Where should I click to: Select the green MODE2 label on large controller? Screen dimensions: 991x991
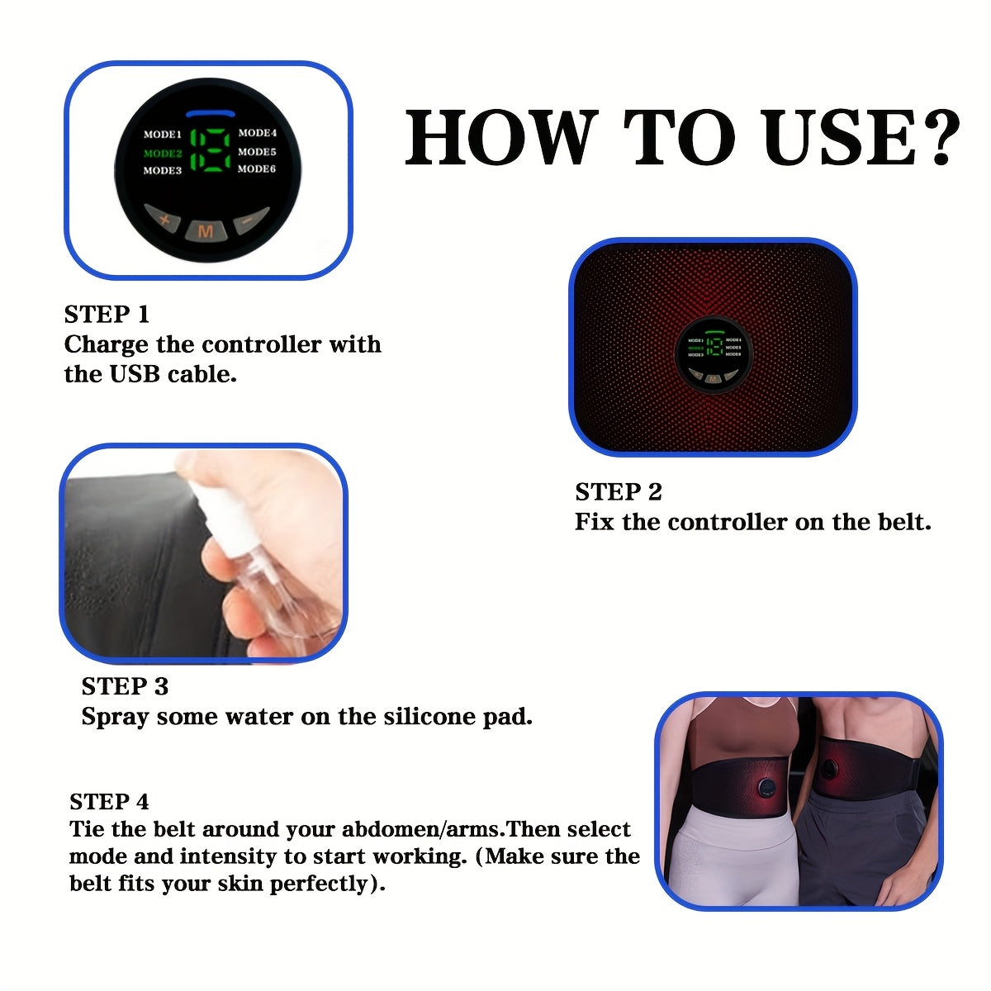coord(162,153)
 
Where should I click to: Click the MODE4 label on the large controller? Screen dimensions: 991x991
coord(258,133)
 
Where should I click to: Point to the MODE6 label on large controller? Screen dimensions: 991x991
coord(257,169)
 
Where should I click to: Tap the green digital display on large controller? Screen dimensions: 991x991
coord(210,150)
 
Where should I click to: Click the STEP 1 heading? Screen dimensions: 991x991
coord(107,315)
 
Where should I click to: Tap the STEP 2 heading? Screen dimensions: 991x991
coord(618,492)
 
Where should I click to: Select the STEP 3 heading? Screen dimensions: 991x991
coord(125,686)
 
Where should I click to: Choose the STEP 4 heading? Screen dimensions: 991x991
coord(109,802)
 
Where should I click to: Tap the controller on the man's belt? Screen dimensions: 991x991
coord(828,771)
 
